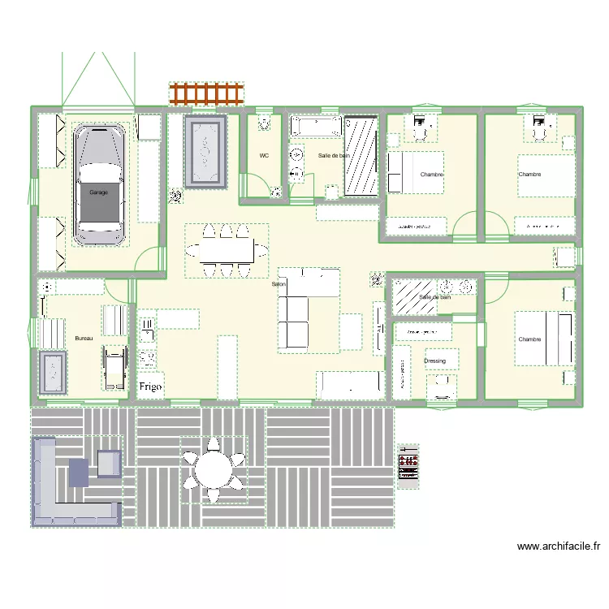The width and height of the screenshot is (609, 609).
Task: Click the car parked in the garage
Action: [x=99, y=184]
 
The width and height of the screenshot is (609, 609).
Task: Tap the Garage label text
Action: [x=99, y=192]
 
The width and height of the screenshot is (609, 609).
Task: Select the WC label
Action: [x=264, y=155]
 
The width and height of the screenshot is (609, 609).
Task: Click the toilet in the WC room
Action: [x=265, y=123]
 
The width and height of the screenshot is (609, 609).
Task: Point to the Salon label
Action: [x=279, y=284]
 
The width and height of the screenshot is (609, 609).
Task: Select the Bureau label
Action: [x=84, y=338]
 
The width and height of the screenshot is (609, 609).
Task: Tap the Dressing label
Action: [x=435, y=361]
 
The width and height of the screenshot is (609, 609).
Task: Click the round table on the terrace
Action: [x=214, y=470]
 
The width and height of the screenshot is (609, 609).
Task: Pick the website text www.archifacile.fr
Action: [x=558, y=547]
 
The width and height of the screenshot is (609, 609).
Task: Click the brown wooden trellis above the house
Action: [x=206, y=93]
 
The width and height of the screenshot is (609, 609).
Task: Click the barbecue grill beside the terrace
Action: [x=408, y=465]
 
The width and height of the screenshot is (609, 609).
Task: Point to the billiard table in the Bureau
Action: [x=54, y=373]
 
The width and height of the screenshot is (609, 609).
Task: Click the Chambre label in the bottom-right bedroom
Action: [x=529, y=339]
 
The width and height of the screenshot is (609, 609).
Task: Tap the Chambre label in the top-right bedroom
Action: [x=529, y=174]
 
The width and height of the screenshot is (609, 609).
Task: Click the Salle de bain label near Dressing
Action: [x=434, y=297]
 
